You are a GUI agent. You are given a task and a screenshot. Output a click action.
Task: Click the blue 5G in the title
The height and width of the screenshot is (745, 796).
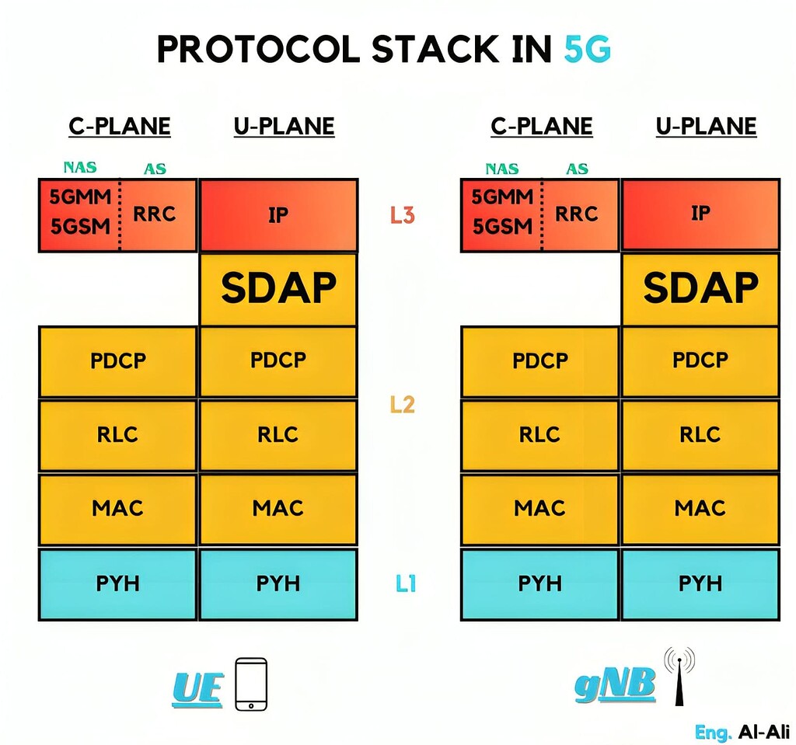587,50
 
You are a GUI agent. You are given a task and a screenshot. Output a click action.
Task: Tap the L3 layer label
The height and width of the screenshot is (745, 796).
402,215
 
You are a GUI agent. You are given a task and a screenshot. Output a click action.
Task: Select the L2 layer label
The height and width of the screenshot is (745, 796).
402,404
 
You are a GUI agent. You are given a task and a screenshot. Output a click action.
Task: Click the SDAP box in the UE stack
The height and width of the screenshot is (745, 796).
278,289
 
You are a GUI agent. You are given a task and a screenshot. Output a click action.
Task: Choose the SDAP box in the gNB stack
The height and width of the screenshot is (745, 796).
700,289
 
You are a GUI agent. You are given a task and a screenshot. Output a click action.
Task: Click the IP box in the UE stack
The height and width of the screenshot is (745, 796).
278,215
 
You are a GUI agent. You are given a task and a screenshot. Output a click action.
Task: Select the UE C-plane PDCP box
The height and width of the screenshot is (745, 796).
117,361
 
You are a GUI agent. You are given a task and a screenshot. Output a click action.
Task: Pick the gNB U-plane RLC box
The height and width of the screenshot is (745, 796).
700,434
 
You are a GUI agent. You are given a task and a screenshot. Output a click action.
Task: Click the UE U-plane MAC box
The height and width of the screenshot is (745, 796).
278,509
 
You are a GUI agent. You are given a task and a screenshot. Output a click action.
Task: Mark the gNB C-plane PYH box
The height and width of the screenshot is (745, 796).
539,583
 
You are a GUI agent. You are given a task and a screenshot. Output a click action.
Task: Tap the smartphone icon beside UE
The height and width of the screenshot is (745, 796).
251,684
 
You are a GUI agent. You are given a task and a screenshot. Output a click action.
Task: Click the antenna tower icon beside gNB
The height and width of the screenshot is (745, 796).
679,676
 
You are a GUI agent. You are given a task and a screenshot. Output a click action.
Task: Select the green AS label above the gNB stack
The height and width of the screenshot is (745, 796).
577,168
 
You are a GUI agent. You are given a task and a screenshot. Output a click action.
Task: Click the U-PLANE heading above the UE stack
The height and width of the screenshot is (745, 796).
284,127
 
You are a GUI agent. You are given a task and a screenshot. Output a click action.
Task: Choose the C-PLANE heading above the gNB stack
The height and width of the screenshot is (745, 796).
541,127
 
